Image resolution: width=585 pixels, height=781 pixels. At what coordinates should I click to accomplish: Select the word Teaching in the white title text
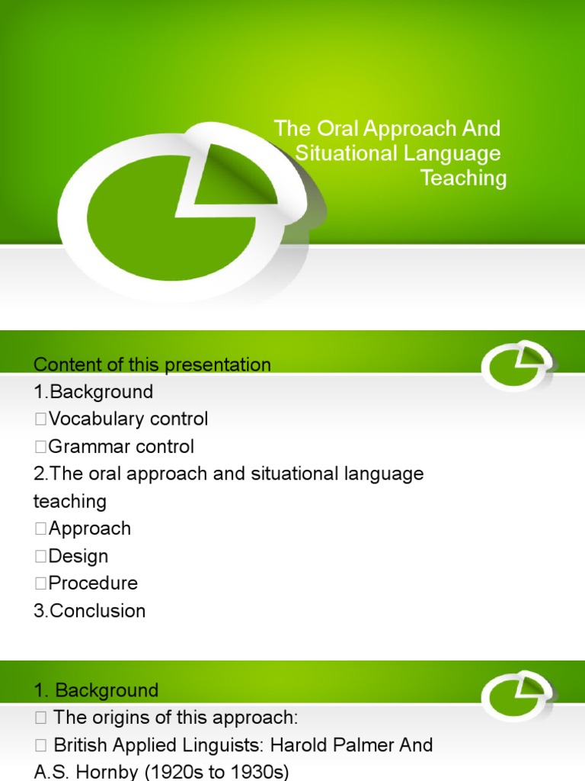tap(463, 178)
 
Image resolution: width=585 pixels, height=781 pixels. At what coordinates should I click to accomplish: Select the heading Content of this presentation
tap(152, 365)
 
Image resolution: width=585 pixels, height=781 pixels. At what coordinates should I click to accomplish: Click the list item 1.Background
tap(93, 392)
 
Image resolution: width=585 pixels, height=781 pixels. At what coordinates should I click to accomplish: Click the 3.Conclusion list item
tap(89, 611)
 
